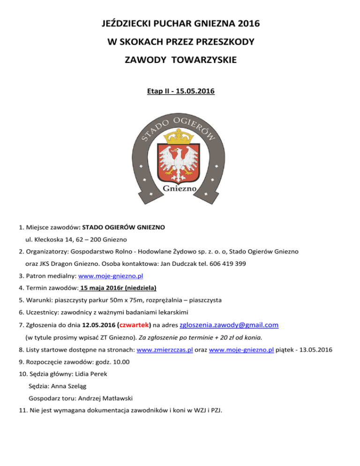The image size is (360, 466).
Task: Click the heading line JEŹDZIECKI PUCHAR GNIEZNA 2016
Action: (x=180, y=23)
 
